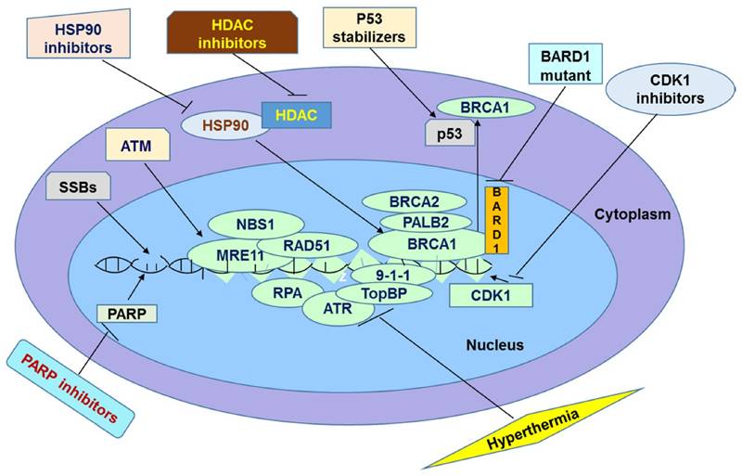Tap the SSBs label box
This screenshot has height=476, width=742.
(74, 187)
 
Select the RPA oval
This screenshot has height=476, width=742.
(284, 294)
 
